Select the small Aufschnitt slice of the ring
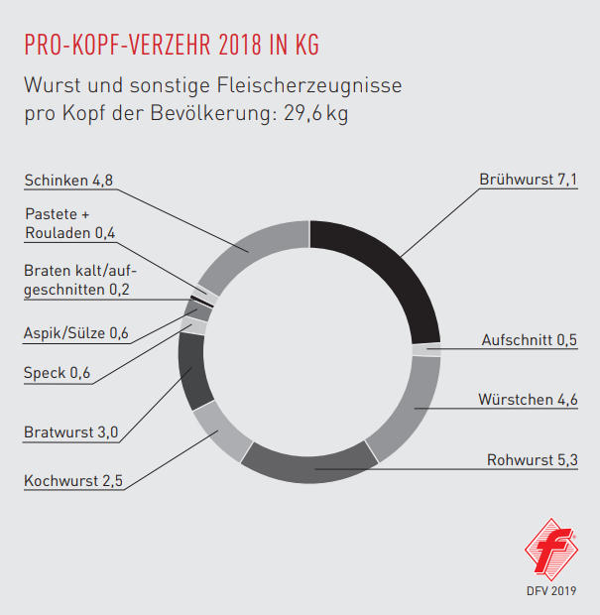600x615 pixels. point(427,349)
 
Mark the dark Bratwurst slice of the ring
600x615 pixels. point(191,372)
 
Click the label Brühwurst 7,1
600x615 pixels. point(528,181)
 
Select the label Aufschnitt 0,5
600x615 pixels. point(529,340)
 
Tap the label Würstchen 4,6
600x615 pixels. point(529,401)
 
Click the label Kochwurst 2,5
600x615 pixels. point(72,482)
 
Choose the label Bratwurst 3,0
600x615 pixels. point(70,432)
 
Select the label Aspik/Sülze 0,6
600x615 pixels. point(76,333)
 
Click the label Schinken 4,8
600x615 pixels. point(70,181)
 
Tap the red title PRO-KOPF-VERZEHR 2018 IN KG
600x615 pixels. point(171,46)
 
